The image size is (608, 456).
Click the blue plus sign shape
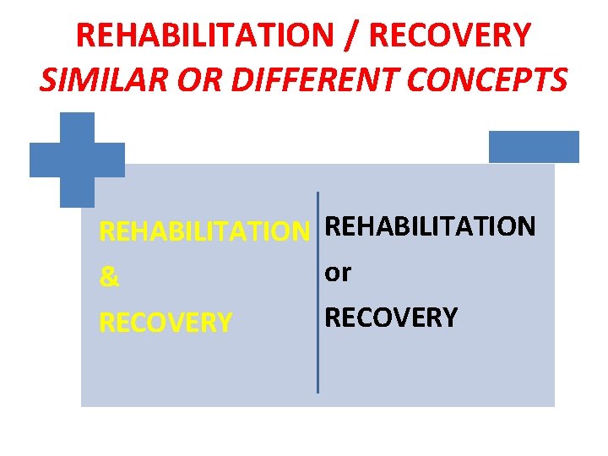77,160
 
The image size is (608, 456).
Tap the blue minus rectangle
534,146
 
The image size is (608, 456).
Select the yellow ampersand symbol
110,278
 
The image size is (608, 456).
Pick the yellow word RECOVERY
166,323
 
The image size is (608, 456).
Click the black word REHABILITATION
430,226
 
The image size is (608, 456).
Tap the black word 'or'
338,273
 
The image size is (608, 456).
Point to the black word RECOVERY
391,318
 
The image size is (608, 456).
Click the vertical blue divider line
318,292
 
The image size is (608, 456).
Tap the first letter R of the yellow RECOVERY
106,323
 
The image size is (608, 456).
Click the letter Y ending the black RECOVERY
450,318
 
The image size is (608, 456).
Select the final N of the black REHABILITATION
526,226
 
